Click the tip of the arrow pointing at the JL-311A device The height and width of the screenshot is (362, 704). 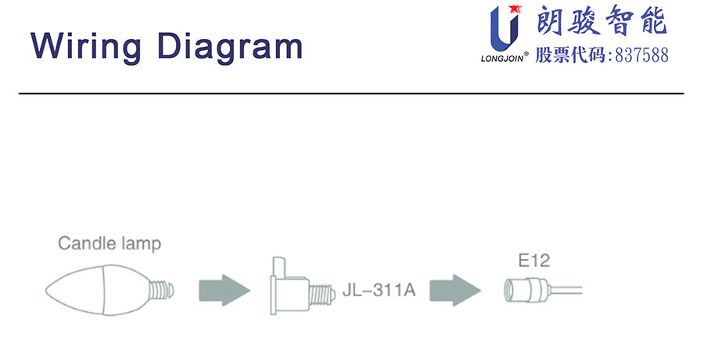tap(250, 290)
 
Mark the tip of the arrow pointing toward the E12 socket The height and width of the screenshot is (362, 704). tap(481, 290)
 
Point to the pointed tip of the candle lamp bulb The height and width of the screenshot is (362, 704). tap(45, 290)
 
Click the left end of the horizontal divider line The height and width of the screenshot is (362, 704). tap(19, 93)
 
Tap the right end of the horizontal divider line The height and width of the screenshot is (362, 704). tap(684, 93)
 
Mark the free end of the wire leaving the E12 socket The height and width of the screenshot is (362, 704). tap(582, 290)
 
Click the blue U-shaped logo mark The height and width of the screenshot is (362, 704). tap(505, 29)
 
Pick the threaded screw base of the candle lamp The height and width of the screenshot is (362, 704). tap(161, 290)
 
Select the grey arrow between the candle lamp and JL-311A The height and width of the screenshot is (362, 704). tap(224, 290)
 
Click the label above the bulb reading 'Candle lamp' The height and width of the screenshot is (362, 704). tap(110, 244)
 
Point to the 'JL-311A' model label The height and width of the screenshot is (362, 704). tap(379, 290)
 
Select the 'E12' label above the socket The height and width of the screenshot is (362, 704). tap(533, 260)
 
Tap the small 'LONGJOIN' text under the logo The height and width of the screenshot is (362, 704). tap(502, 59)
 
